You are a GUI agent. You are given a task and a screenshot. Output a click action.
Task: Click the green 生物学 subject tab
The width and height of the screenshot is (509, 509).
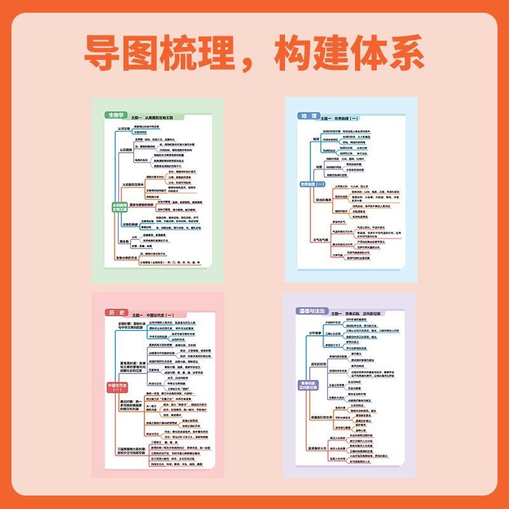pos(115,115)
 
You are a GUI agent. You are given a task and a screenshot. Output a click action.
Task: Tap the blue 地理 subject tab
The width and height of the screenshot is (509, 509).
pos(307,116)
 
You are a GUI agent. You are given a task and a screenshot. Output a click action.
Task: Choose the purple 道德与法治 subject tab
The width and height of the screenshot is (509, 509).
pos(311,311)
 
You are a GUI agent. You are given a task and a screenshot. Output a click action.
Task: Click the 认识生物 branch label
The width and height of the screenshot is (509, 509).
pos(123,129)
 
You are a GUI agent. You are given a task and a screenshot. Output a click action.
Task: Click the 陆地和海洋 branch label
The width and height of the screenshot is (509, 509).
pos(324,200)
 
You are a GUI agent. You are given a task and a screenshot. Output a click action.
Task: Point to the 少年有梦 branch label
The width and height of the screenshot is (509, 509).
pos(317,332)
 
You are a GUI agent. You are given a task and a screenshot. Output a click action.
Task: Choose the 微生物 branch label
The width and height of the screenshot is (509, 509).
pos(124,242)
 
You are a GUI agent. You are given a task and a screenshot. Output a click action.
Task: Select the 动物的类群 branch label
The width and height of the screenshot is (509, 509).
pos(130,224)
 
